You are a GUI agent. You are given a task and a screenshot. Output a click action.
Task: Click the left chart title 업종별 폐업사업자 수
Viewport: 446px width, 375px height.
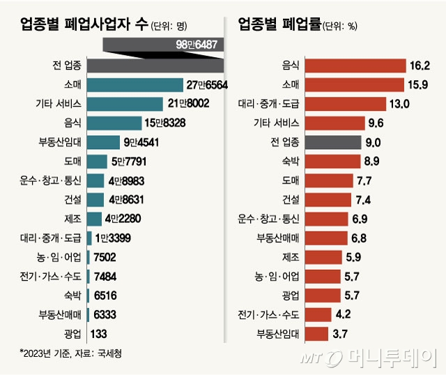(x=84, y=25)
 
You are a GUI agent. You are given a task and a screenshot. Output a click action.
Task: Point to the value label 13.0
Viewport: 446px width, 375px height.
(x=399, y=105)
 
